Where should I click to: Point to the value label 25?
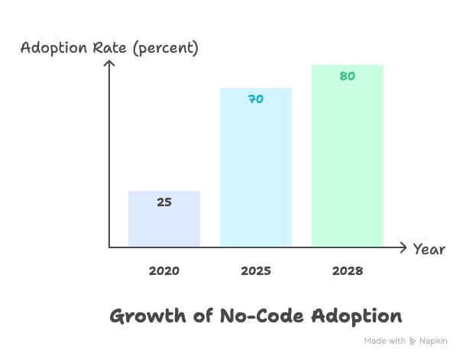(163, 202)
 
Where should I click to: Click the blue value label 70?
(255, 99)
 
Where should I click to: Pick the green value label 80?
(347, 76)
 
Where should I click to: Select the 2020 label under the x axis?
(163, 271)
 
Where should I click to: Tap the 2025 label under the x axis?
(255, 271)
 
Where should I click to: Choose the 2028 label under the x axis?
(347, 271)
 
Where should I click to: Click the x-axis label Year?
(429, 249)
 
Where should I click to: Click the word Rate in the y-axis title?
(109, 48)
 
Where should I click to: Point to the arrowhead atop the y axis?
(109, 64)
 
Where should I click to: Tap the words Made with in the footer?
(384, 341)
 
